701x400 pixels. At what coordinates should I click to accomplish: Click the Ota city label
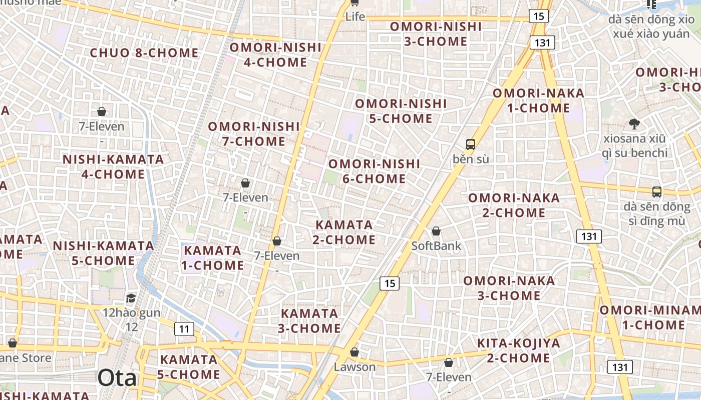click(x=117, y=378)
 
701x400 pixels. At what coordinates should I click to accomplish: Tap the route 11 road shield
click(x=184, y=328)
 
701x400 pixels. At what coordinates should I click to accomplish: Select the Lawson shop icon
click(x=355, y=352)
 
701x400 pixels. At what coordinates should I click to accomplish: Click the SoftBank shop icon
click(x=436, y=231)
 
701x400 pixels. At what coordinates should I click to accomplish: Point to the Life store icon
click(x=355, y=3)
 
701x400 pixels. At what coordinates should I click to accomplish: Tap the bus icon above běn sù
click(x=470, y=144)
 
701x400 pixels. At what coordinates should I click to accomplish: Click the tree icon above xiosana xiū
click(x=634, y=123)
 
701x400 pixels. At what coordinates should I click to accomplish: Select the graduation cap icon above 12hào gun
click(x=131, y=298)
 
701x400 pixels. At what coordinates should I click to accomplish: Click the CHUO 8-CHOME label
click(x=144, y=53)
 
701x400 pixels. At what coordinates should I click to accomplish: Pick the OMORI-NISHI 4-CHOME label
click(x=275, y=54)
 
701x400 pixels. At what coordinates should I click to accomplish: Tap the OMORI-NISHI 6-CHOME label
click(x=374, y=171)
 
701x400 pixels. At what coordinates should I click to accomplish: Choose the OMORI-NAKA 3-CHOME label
click(x=509, y=288)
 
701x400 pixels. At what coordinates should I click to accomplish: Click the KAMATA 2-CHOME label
click(x=344, y=232)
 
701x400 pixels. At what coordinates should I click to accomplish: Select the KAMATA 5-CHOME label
click(x=189, y=366)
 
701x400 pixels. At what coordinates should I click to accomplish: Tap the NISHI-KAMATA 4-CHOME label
click(x=113, y=167)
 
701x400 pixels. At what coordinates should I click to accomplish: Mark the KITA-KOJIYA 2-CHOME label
click(x=519, y=350)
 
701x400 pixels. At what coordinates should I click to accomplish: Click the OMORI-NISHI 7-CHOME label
click(x=254, y=134)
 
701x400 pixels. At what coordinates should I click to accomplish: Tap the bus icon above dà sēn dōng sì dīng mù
click(x=656, y=191)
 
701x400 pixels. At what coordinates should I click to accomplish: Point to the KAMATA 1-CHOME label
click(x=213, y=257)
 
